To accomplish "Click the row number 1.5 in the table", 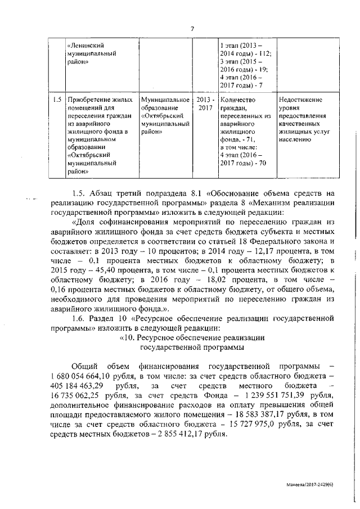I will click(x=56, y=100).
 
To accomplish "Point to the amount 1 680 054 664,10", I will click(x=91, y=376).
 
